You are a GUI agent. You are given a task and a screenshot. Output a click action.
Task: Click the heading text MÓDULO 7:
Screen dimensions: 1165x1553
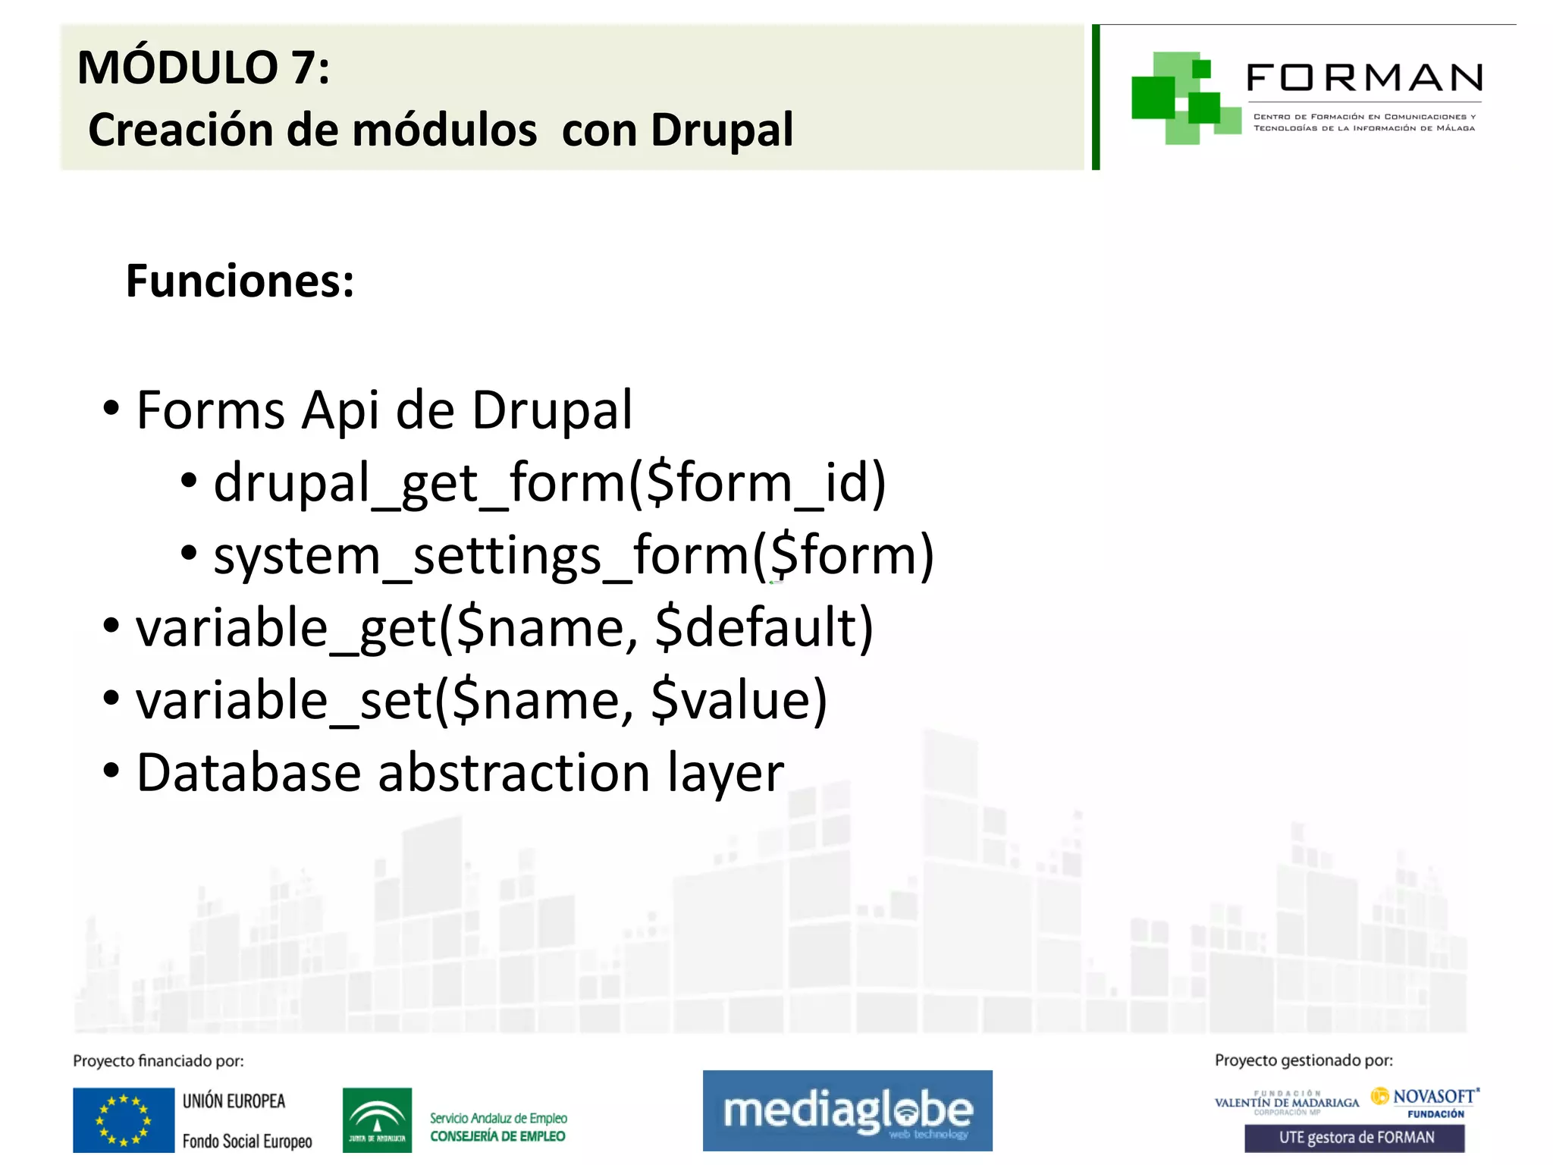coord(203,68)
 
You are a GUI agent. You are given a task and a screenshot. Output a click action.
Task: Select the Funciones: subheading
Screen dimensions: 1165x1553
coord(240,281)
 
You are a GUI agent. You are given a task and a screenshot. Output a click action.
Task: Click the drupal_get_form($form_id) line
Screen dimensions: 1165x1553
coord(549,483)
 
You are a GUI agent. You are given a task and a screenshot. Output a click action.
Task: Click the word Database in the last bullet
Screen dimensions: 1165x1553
coord(248,773)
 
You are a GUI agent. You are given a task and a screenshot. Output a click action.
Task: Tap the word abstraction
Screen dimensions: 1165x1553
coord(514,773)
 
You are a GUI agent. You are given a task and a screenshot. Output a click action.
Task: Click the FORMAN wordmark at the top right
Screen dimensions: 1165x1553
coord(1364,78)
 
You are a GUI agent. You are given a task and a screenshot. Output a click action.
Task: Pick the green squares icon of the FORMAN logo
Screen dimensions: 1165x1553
coord(1182,98)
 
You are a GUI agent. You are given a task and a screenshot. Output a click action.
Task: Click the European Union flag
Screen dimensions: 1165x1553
coord(124,1120)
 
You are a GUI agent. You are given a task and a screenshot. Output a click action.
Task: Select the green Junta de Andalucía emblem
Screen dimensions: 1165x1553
coord(377,1120)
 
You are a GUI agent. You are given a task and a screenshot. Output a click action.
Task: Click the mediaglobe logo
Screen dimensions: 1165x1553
coord(847,1111)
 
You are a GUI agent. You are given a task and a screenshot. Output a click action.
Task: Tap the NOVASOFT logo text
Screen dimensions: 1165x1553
coord(1433,1097)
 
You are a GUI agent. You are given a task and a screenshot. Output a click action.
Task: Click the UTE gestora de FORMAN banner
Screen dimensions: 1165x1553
coord(1354,1138)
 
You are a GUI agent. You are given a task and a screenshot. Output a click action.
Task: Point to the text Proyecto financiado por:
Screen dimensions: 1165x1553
coord(158,1061)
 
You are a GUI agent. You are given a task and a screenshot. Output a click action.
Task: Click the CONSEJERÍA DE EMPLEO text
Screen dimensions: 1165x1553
coord(497,1136)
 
